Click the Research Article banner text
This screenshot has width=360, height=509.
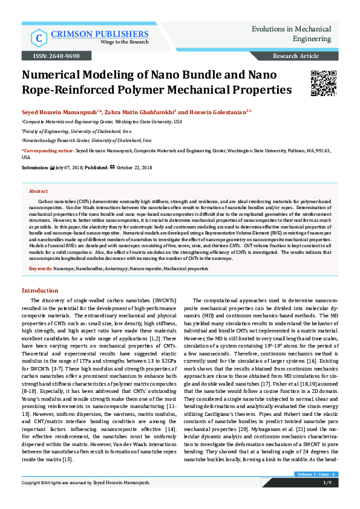click(296, 56)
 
